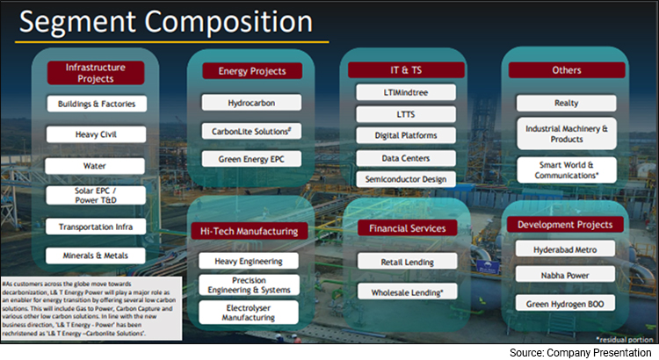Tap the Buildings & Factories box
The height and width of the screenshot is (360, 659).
pos(96,104)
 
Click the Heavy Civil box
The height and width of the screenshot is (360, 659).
pos(96,134)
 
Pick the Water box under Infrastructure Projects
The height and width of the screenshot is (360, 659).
pos(96,165)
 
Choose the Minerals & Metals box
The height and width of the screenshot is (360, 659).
pos(96,256)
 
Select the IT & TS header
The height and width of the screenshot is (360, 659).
pos(406,70)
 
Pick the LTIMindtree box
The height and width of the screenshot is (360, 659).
pos(406,92)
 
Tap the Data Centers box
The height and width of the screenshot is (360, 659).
pos(406,158)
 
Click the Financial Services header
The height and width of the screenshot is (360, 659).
pos(407,228)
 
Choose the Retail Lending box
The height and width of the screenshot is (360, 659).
pos(407,261)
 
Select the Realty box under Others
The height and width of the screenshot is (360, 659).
pos(560,103)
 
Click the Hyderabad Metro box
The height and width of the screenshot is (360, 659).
pos(560,248)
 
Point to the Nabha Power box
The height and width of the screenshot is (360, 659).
pos(560,276)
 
